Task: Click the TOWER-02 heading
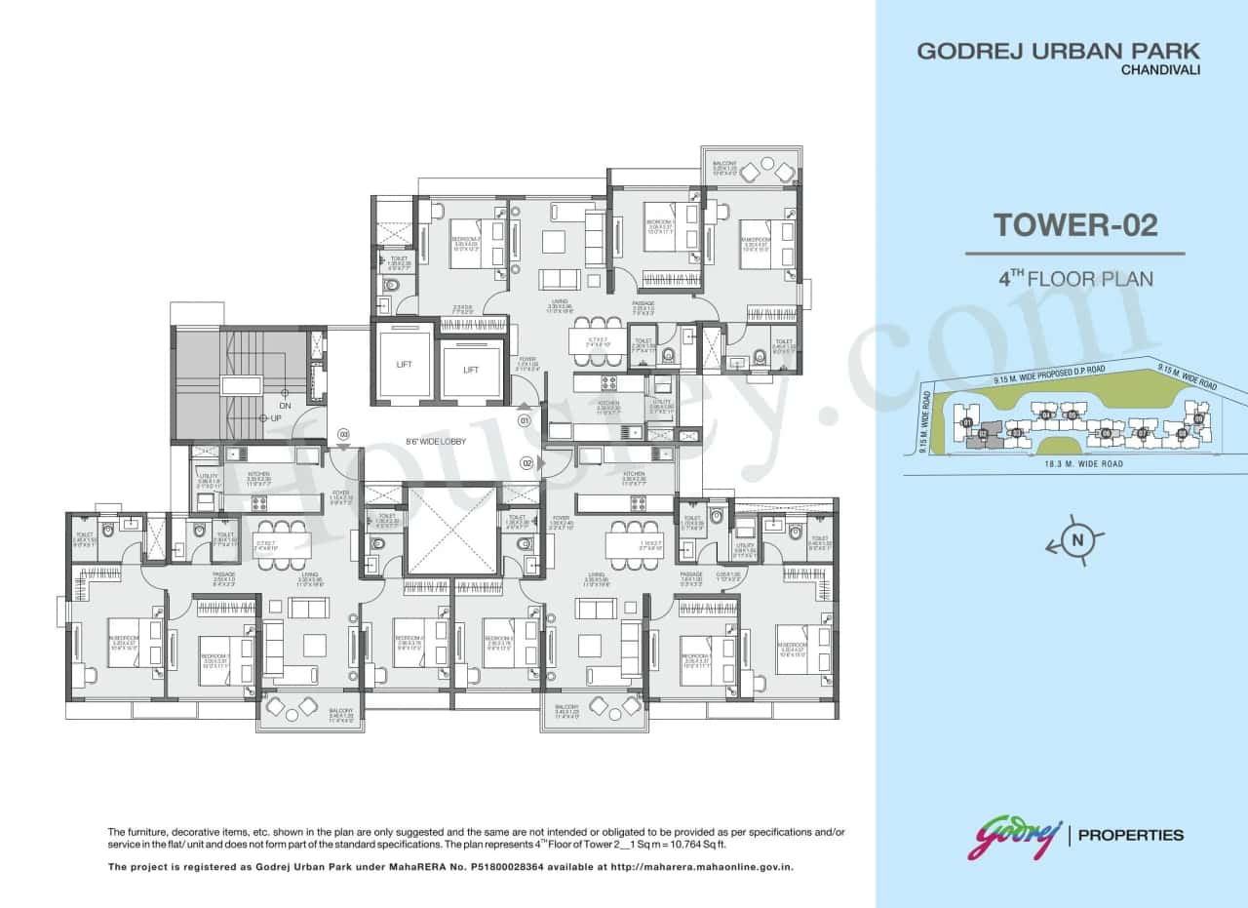[1074, 225]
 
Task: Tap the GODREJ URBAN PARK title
[1058, 52]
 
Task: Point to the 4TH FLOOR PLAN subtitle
[1074, 279]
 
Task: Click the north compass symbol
[1077, 540]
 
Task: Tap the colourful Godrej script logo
[1013, 837]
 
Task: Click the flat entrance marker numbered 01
[524, 421]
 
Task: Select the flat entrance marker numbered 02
[526, 463]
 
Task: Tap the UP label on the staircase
[276, 418]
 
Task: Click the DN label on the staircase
[285, 406]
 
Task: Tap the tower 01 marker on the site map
[966, 422]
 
